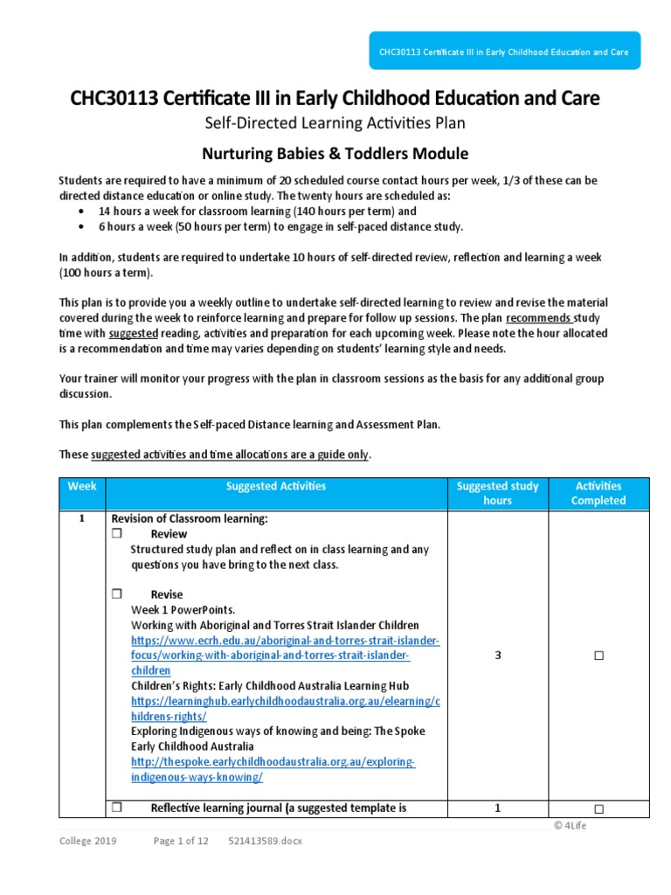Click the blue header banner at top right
coord(502,52)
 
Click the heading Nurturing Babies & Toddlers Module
coord(335,154)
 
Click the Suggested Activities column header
coord(275,486)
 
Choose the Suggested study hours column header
coord(498,493)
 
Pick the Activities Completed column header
coord(598,493)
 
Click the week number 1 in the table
coord(80,518)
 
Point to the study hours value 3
coord(498,656)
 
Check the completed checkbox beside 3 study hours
coord(599,656)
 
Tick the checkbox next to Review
coord(116,534)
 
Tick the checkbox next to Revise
coord(116,594)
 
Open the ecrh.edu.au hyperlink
coord(285,641)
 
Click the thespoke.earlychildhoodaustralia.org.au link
coord(273,762)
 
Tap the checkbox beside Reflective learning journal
coord(116,808)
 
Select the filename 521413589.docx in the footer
coord(265,841)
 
